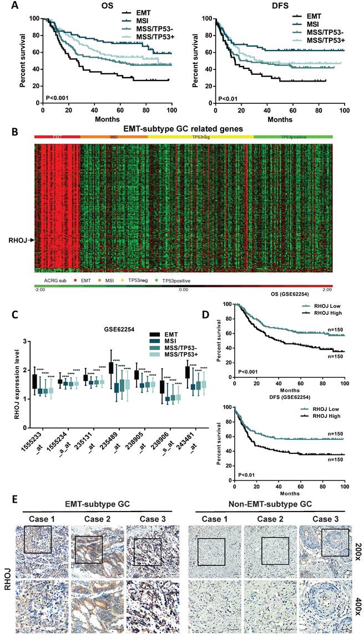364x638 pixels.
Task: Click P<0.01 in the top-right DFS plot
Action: point(228,99)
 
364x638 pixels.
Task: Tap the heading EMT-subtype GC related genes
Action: point(183,128)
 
